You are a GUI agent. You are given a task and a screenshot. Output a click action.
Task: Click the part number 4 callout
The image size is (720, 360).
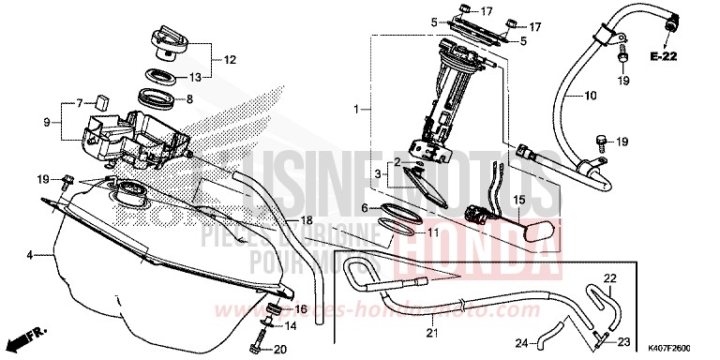click(31, 254)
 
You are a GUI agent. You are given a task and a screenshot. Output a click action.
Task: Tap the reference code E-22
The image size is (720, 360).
click(665, 57)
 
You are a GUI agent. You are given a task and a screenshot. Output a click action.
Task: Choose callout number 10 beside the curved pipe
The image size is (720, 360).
click(591, 96)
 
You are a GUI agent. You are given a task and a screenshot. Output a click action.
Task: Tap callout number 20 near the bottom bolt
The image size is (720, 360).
click(278, 349)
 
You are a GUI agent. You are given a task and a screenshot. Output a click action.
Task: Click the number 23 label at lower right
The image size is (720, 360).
click(623, 341)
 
